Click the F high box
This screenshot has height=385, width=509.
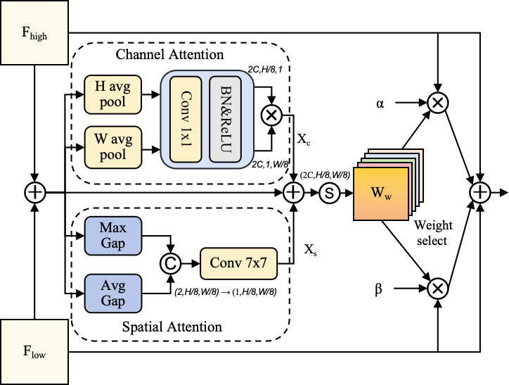pos(34,32)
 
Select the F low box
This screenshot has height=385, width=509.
pos(34,351)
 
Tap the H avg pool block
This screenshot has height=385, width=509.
pos(113,94)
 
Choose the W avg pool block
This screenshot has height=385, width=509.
pos(113,146)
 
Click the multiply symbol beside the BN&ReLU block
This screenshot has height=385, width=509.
pos(271,115)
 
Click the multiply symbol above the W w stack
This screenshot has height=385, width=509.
pos(438,103)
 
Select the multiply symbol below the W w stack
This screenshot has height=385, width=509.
pos(438,289)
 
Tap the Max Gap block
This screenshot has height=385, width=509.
pos(113,236)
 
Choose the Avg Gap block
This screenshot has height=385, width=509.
pos(113,294)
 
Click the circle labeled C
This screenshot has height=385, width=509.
pos(170,264)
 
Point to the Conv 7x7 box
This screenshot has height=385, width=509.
pos(239,264)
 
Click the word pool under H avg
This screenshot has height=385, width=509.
pos(113,102)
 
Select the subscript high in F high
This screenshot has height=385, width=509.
pos(39,37)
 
